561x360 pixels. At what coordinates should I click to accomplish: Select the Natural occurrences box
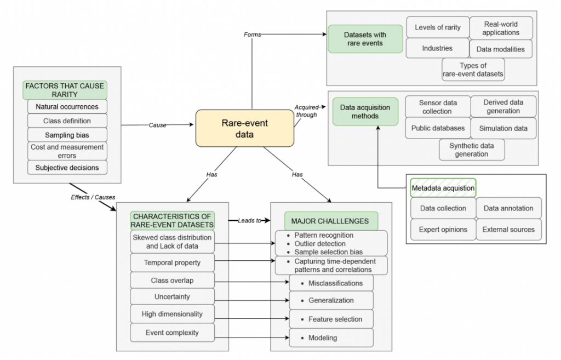(x=67, y=106)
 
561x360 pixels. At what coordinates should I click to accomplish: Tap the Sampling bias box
(x=67, y=135)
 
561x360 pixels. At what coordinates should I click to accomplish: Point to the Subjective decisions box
(x=67, y=167)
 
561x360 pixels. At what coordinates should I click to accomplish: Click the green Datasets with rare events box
(x=365, y=39)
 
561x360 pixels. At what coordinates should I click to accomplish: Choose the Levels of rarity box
(x=437, y=27)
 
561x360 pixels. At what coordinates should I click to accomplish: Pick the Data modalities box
(x=501, y=49)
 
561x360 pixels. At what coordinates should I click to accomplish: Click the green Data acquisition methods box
(x=365, y=112)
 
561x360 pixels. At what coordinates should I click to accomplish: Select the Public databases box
(x=438, y=128)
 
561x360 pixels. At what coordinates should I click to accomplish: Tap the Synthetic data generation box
(x=471, y=150)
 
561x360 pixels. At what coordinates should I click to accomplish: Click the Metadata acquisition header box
(x=443, y=188)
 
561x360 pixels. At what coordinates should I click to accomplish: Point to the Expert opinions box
(x=443, y=230)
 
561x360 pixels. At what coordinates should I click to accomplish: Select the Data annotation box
(x=508, y=208)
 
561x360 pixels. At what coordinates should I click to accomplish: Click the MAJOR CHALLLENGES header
(x=331, y=221)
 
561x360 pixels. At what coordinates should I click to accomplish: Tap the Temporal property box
(x=172, y=262)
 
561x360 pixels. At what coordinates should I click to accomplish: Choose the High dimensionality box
(x=172, y=314)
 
